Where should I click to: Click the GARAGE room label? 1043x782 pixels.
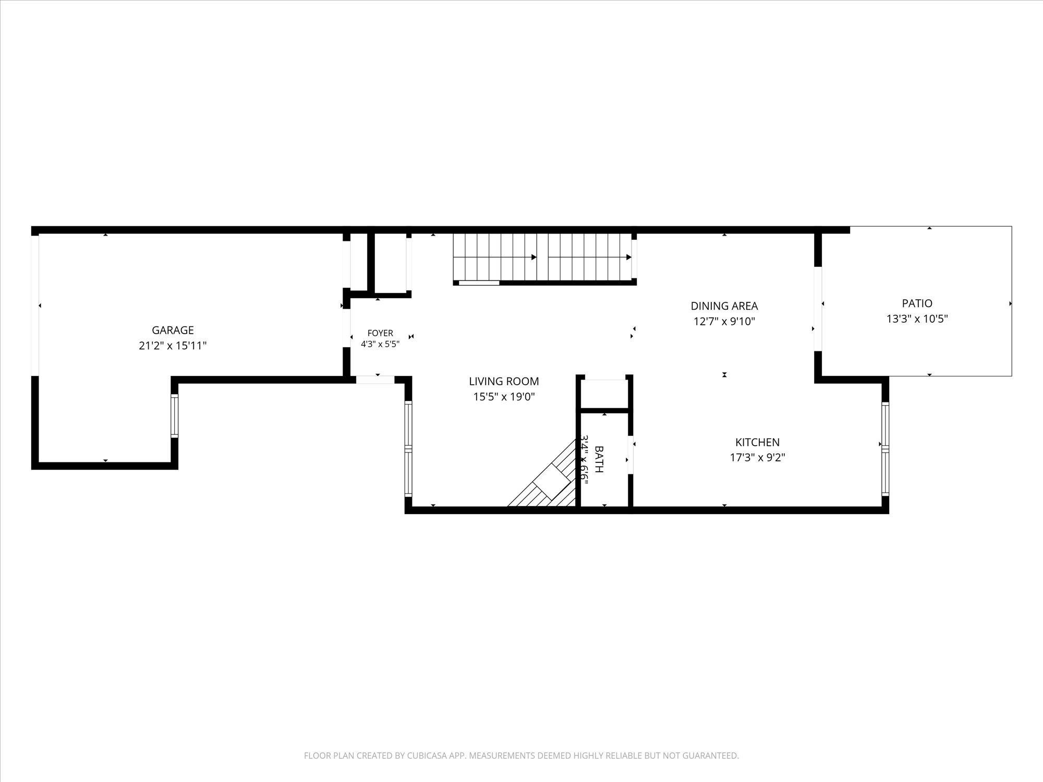pyautogui.click(x=173, y=330)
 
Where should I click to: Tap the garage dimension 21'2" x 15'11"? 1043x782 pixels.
pyautogui.click(x=173, y=345)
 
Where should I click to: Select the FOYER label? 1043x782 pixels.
pyautogui.click(x=380, y=333)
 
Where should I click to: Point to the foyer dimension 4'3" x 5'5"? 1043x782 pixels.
pyautogui.click(x=380, y=344)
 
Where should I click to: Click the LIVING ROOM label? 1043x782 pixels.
pyautogui.click(x=504, y=382)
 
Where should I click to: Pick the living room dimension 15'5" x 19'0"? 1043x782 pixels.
pyautogui.click(x=504, y=397)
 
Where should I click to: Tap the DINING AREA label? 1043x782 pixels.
pyautogui.click(x=724, y=306)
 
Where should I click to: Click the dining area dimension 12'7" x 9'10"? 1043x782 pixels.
pyautogui.click(x=724, y=321)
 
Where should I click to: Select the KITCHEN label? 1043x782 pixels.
pyautogui.click(x=757, y=442)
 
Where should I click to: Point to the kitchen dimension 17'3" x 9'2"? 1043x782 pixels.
pyautogui.click(x=757, y=458)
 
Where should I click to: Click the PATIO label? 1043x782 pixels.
pyautogui.click(x=917, y=303)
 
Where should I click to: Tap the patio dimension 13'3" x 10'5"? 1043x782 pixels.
pyautogui.click(x=917, y=319)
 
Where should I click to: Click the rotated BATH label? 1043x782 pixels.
pyautogui.click(x=599, y=459)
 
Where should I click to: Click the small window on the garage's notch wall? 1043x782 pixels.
pyautogui.click(x=174, y=416)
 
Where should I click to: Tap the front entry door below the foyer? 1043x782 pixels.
pyautogui.click(x=375, y=380)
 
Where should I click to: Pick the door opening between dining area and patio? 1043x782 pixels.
pyautogui.click(x=818, y=309)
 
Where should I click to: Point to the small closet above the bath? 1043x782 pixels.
pyautogui.click(x=604, y=394)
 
